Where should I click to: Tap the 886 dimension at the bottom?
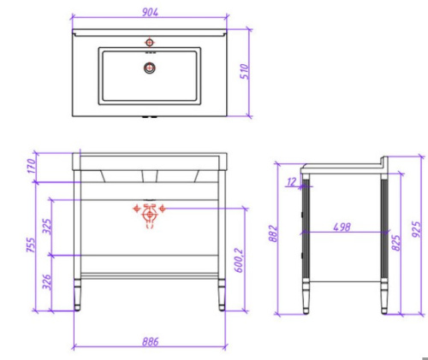(151, 341)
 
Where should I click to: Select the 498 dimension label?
(342, 226)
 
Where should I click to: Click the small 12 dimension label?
(292, 180)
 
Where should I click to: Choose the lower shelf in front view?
(151, 274)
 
